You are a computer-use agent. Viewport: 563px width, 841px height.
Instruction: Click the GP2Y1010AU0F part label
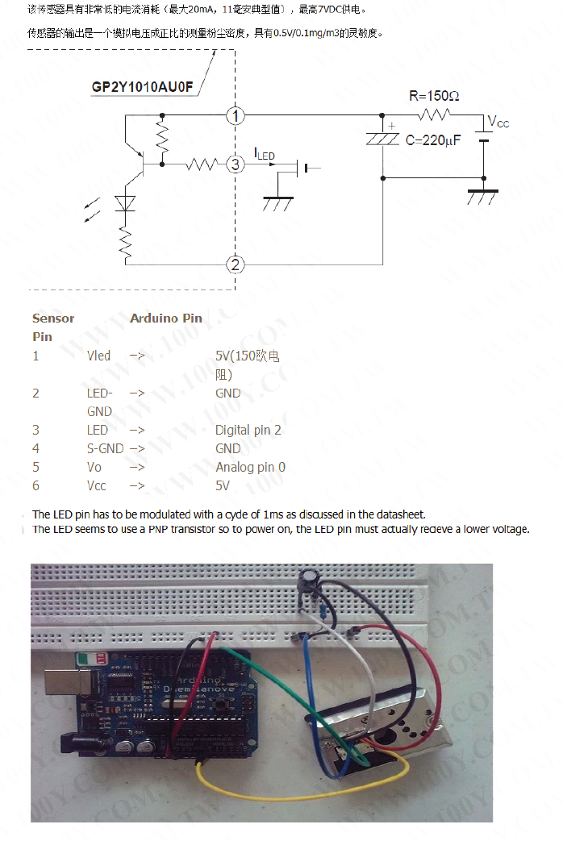pos(143,87)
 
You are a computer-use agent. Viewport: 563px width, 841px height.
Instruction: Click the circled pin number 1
pos(235,117)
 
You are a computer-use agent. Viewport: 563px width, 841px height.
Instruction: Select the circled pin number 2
pos(235,264)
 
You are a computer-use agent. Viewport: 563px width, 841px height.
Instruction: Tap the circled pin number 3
pos(235,164)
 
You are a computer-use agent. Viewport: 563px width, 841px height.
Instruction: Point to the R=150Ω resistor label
pos(434,96)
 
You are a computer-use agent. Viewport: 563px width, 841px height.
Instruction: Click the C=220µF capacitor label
pos(433,140)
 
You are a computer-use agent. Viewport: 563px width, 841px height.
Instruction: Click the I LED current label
pos(265,153)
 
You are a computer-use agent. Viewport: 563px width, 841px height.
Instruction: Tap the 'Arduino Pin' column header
pos(166,318)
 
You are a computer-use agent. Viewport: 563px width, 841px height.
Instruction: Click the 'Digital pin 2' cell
pos(248,431)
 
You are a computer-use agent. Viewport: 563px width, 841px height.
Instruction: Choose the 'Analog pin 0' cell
pos(250,468)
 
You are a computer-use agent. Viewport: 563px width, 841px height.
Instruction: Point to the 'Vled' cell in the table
pos(99,356)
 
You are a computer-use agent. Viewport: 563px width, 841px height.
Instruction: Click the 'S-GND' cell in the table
pos(105,449)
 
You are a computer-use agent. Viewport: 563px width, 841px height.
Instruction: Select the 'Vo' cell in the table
pos(94,468)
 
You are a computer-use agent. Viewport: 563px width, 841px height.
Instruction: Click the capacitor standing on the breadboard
pos(307,582)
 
